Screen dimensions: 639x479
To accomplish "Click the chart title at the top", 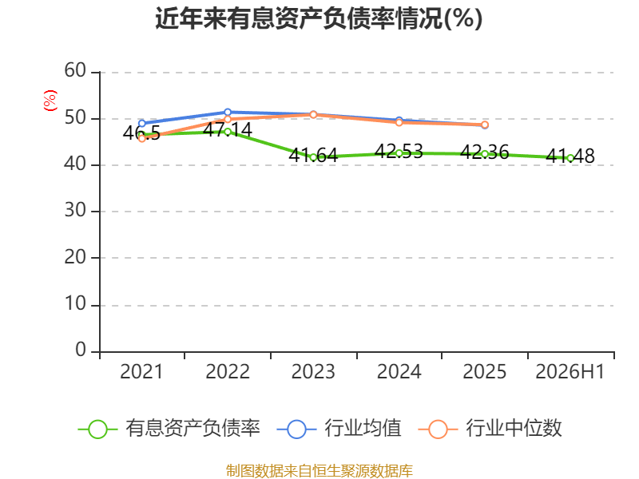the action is (319, 18).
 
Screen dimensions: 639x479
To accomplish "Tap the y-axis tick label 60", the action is (75, 70).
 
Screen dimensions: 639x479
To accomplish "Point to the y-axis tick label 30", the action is (75, 211).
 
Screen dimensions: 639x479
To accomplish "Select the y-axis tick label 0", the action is (81, 350).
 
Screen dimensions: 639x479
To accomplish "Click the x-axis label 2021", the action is (141, 371).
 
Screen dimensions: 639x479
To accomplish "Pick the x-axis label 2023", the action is (313, 371).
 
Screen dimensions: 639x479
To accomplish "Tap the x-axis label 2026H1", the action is (570, 371).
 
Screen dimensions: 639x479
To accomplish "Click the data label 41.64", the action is (313, 155).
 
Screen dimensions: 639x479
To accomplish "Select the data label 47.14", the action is (228, 130).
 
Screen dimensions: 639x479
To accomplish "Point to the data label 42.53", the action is (399, 152).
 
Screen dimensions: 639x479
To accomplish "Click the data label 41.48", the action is (570, 156).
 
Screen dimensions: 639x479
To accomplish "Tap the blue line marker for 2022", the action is (228, 112).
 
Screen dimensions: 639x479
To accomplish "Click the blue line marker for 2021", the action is (142, 124).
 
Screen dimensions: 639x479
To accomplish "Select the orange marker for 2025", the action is (485, 125).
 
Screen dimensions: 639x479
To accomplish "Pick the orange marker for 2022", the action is (228, 119).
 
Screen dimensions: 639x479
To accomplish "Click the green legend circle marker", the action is (97, 430).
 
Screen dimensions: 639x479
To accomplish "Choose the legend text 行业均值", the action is (363, 428).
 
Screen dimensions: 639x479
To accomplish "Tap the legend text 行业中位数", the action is (514, 428).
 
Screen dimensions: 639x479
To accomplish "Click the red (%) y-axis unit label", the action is (50, 101).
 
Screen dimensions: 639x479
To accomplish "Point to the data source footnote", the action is (319, 471).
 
